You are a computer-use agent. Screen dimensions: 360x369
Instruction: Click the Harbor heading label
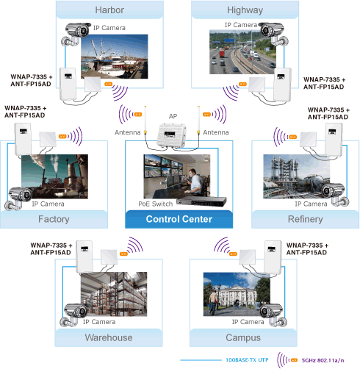pos(109,10)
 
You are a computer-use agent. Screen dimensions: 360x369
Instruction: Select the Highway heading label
pos(245,10)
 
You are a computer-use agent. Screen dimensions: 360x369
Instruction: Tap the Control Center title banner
pos(179,219)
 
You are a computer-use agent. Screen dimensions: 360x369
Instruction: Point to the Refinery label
pos(305,219)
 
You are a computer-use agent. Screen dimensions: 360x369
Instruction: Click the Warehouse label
pos(109,337)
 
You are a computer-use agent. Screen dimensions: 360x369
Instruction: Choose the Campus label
pos(243,337)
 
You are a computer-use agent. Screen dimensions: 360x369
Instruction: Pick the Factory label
pos(54,219)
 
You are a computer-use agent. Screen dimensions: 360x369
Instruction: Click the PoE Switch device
pos(201,201)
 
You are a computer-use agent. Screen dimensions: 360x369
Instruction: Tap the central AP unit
pos(171,135)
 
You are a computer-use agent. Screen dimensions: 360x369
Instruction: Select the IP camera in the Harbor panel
pos(76,34)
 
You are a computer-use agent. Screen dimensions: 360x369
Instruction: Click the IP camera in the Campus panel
pos(273,315)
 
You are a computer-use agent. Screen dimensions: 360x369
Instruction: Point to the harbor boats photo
pos(115,57)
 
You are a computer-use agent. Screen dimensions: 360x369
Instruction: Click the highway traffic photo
pos(242,52)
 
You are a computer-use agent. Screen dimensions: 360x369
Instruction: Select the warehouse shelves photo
pos(114,294)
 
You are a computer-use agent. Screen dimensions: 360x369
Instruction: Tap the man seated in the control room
pos(196,182)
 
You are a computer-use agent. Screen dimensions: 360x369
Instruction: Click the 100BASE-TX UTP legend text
pos(247,360)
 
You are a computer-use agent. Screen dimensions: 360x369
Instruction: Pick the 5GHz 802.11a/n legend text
pos(323,360)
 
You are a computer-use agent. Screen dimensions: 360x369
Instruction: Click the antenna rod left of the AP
pos(145,120)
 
